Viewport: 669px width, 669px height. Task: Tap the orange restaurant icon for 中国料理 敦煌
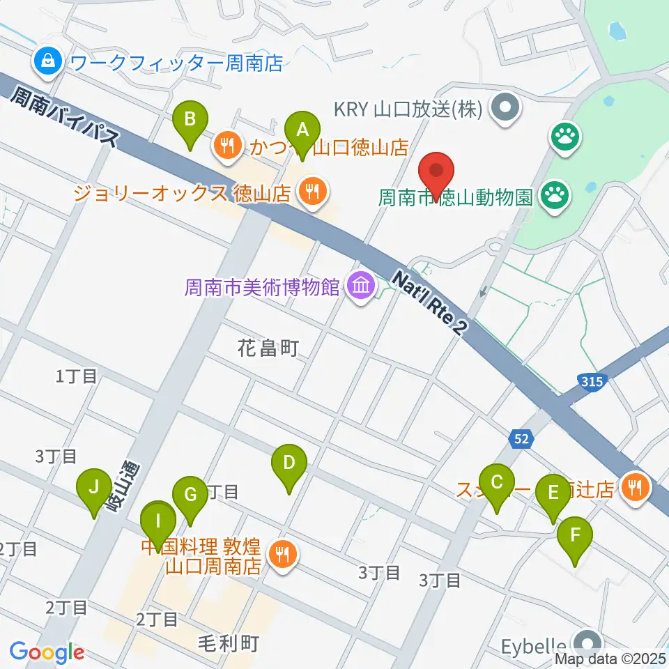(x=283, y=555)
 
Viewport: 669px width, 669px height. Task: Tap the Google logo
(x=47, y=652)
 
